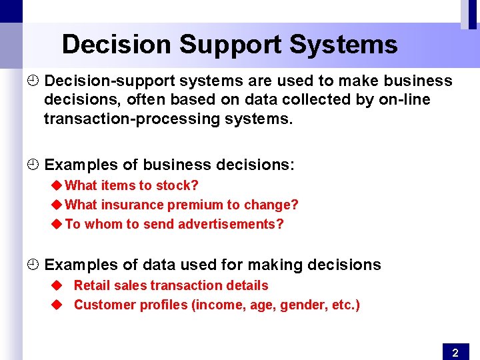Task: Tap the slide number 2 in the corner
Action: click(x=455, y=353)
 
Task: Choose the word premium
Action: click(x=199, y=205)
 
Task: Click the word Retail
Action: click(x=91, y=285)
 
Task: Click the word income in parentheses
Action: click(x=219, y=305)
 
